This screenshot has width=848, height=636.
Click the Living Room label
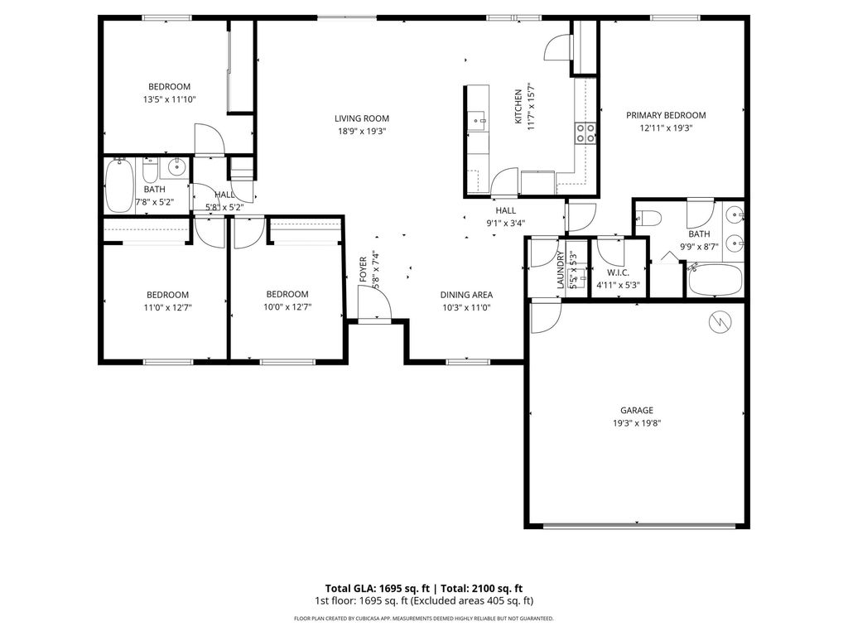click(361, 118)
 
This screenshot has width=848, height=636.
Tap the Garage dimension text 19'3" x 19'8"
click(636, 423)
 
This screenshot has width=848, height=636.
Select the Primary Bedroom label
click(665, 115)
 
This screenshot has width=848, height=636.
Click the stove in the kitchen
click(585, 132)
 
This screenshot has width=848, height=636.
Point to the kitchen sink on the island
click(479, 121)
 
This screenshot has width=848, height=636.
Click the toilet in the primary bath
click(650, 219)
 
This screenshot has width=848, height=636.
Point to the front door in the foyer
click(373, 311)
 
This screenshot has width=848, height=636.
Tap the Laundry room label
click(561, 269)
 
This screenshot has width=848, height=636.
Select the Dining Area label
click(466, 295)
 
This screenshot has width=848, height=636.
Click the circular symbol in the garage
click(720, 320)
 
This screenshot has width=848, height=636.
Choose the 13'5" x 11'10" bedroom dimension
click(169, 99)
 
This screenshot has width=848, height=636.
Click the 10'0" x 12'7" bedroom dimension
click(287, 307)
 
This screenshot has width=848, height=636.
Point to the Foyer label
click(363, 269)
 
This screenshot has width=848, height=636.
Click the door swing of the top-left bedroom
click(209, 139)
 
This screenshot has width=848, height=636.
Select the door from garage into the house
click(545, 316)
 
